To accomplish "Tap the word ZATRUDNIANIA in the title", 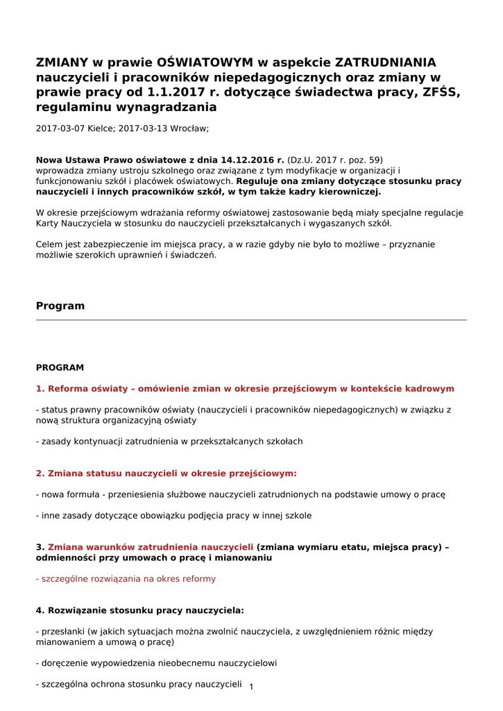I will click(x=386, y=62).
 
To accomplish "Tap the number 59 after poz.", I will click(x=376, y=160).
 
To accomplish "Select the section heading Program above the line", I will click(x=60, y=306).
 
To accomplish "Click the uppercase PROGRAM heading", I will click(x=60, y=368).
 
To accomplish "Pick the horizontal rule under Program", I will click(x=251, y=320).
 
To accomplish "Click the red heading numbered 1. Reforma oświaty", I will click(x=245, y=389).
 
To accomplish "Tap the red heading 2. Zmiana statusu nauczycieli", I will click(x=166, y=474).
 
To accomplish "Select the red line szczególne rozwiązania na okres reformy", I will click(x=126, y=579).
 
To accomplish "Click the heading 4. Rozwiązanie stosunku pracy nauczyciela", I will click(x=139, y=611).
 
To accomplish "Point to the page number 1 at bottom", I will click(x=251, y=687).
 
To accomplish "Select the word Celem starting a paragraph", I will click(x=49, y=244).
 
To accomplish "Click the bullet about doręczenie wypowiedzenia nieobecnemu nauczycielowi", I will click(x=156, y=663).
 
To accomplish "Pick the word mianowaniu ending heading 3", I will click(x=244, y=558).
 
